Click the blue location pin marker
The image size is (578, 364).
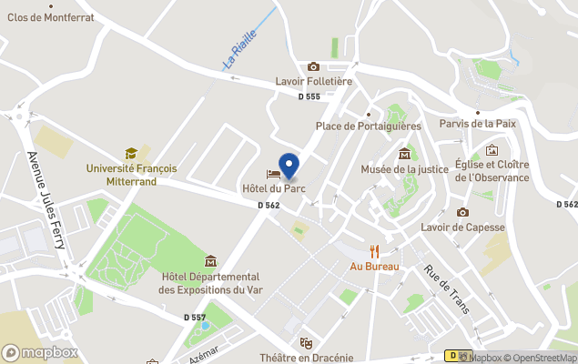[289, 166]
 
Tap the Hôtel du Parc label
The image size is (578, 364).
[273, 188]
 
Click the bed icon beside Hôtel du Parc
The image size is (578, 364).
[272, 174]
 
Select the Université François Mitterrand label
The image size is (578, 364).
[132, 175]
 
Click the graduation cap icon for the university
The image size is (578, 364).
[131, 154]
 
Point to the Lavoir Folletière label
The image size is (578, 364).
[313, 81]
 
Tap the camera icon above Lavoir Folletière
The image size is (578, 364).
[313, 66]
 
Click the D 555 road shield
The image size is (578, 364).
[309, 96]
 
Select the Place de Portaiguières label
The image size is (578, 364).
[368, 126]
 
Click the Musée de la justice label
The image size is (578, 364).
[404, 169]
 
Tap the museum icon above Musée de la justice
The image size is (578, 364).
[404, 152]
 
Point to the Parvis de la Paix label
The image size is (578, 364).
[477, 123]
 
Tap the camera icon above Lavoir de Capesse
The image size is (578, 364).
[462, 212]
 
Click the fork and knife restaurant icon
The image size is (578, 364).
[373, 250]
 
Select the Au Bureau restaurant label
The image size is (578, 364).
[373, 267]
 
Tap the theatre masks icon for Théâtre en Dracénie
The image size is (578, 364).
[307, 343]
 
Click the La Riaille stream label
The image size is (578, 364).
[240, 51]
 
